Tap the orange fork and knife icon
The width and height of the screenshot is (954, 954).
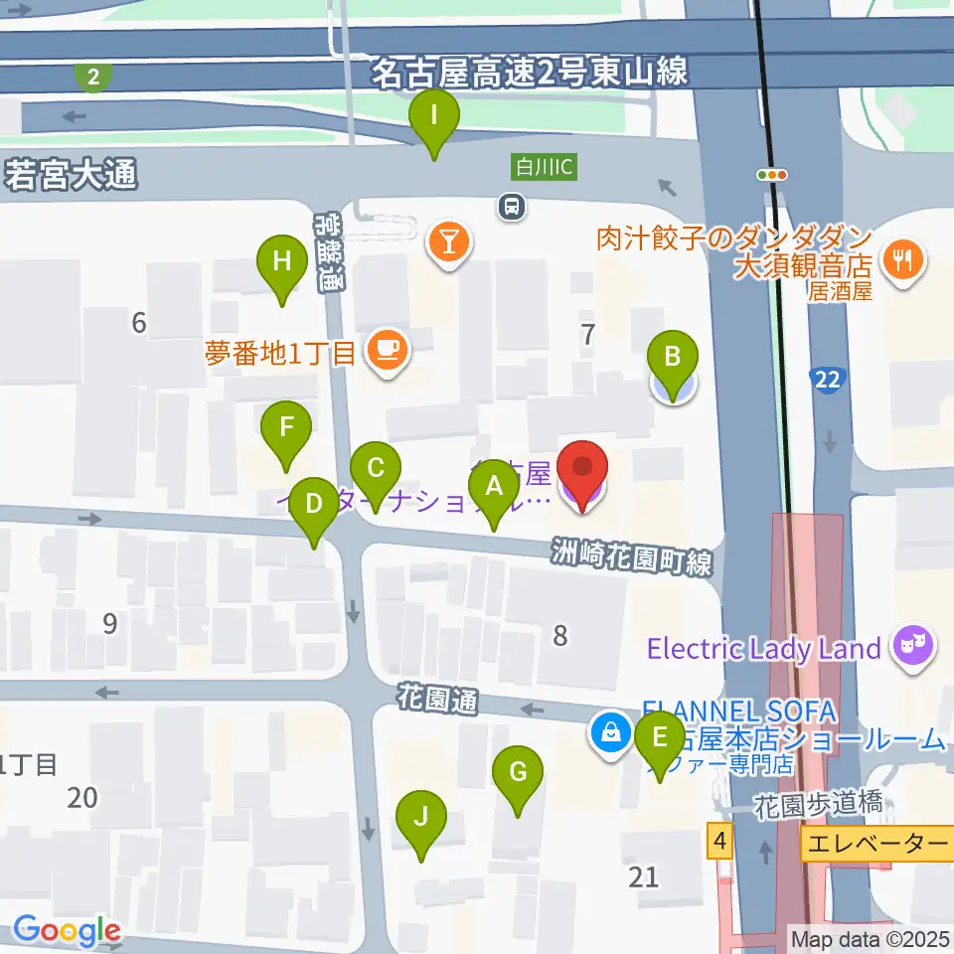905,259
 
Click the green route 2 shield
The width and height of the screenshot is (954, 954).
93,76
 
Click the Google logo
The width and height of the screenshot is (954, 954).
67,931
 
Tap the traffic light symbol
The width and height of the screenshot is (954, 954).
772,175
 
